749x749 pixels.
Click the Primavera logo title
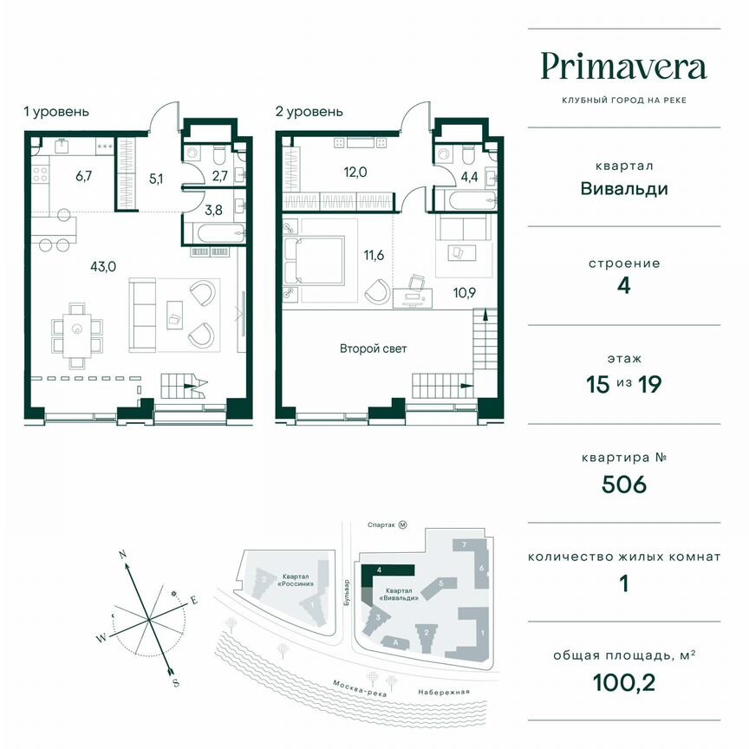[623, 66]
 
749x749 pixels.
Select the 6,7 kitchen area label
[84, 176]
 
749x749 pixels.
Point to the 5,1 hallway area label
[156, 181]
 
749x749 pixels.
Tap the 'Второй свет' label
[373, 348]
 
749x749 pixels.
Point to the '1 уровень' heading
[56, 112]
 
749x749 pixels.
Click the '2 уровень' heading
[309, 112]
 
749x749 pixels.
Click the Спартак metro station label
[381, 524]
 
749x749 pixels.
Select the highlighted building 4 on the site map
[390, 571]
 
